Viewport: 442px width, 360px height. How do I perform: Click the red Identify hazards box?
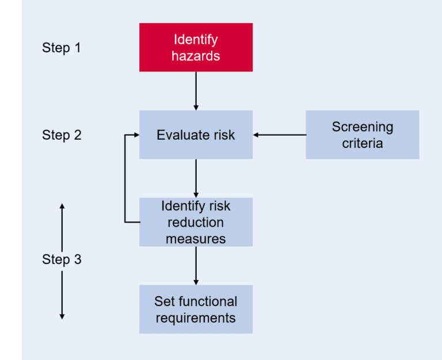coord(196,47)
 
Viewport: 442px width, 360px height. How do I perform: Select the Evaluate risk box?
coord(196,135)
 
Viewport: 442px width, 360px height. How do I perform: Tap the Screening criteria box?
coord(362,135)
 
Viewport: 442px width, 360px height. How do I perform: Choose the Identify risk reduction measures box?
coord(196,222)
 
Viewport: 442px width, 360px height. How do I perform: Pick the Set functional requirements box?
coord(196,309)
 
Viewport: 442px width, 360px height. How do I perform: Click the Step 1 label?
coord(62,48)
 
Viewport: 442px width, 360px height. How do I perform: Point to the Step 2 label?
coord(62,135)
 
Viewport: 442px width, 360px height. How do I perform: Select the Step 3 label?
coord(62,259)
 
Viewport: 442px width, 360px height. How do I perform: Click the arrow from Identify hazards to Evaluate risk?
coord(196,91)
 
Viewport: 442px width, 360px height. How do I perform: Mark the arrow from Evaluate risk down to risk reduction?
coord(196,178)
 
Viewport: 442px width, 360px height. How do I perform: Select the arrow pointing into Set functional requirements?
coord(196,266)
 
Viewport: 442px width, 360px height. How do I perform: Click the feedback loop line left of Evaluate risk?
coord(125,178)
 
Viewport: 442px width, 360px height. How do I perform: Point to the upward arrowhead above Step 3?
coord(62,206)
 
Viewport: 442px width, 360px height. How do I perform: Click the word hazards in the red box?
coord(196,56)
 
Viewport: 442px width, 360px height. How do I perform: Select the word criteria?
coord(362,143)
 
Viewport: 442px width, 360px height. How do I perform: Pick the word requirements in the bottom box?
coord(196,317)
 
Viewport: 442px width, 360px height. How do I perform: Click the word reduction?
coord(196,222)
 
